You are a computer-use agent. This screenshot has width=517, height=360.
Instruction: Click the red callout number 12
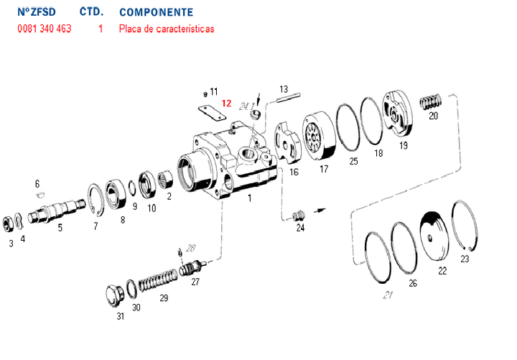click(x=226, y=103)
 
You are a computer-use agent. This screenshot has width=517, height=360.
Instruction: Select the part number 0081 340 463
click(x=44, y=29)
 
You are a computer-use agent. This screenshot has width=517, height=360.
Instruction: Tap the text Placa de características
click(x=167, y=29)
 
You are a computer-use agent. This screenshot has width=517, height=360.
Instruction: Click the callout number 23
click(x=465, y=259)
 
